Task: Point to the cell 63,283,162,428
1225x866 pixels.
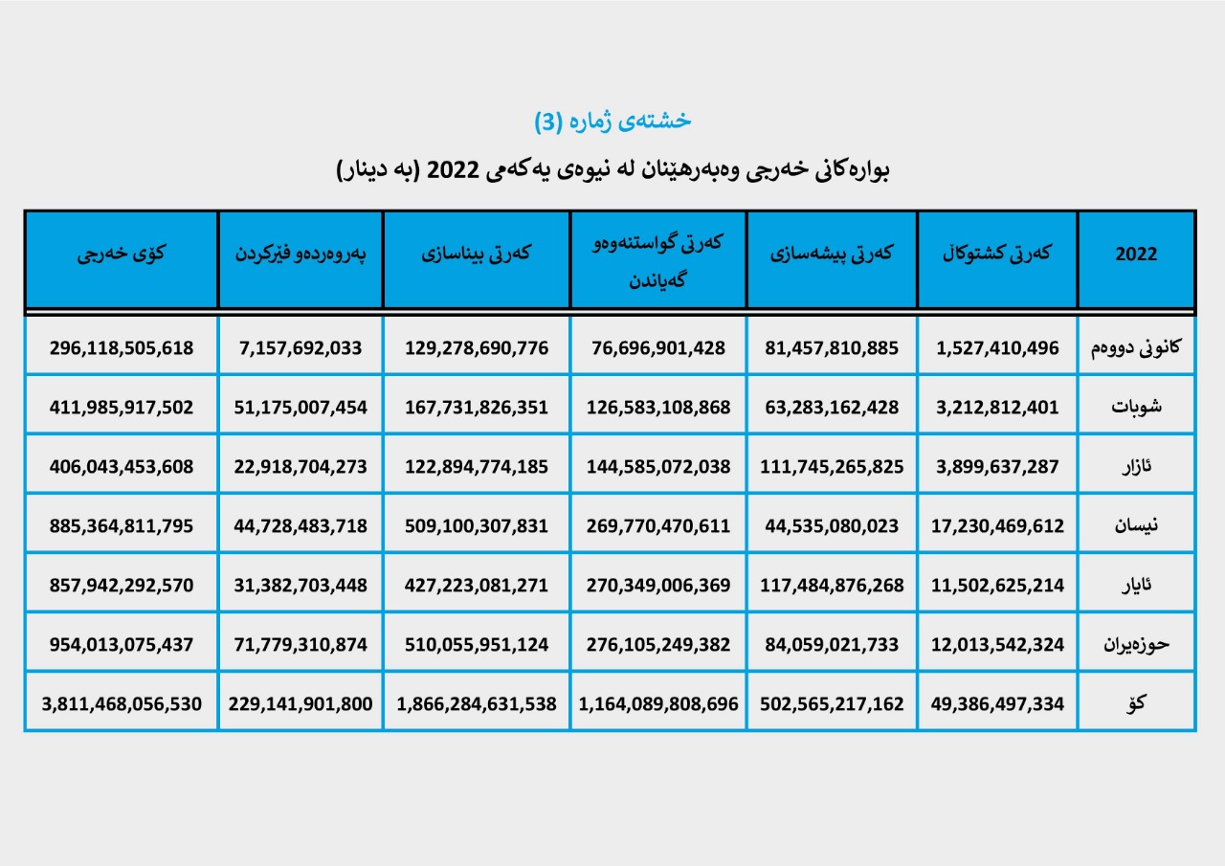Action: [x=832, y=407]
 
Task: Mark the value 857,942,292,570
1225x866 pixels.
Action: [x=122, y=585]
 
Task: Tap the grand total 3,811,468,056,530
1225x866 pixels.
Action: [x=122, y=703]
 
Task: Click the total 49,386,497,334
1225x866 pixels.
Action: [x=997, y=703]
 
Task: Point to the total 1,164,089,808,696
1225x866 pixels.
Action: [x=657, y=703]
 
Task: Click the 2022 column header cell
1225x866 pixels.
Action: [x=1136, y=255]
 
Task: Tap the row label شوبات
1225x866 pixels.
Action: [x=1136, y=407]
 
